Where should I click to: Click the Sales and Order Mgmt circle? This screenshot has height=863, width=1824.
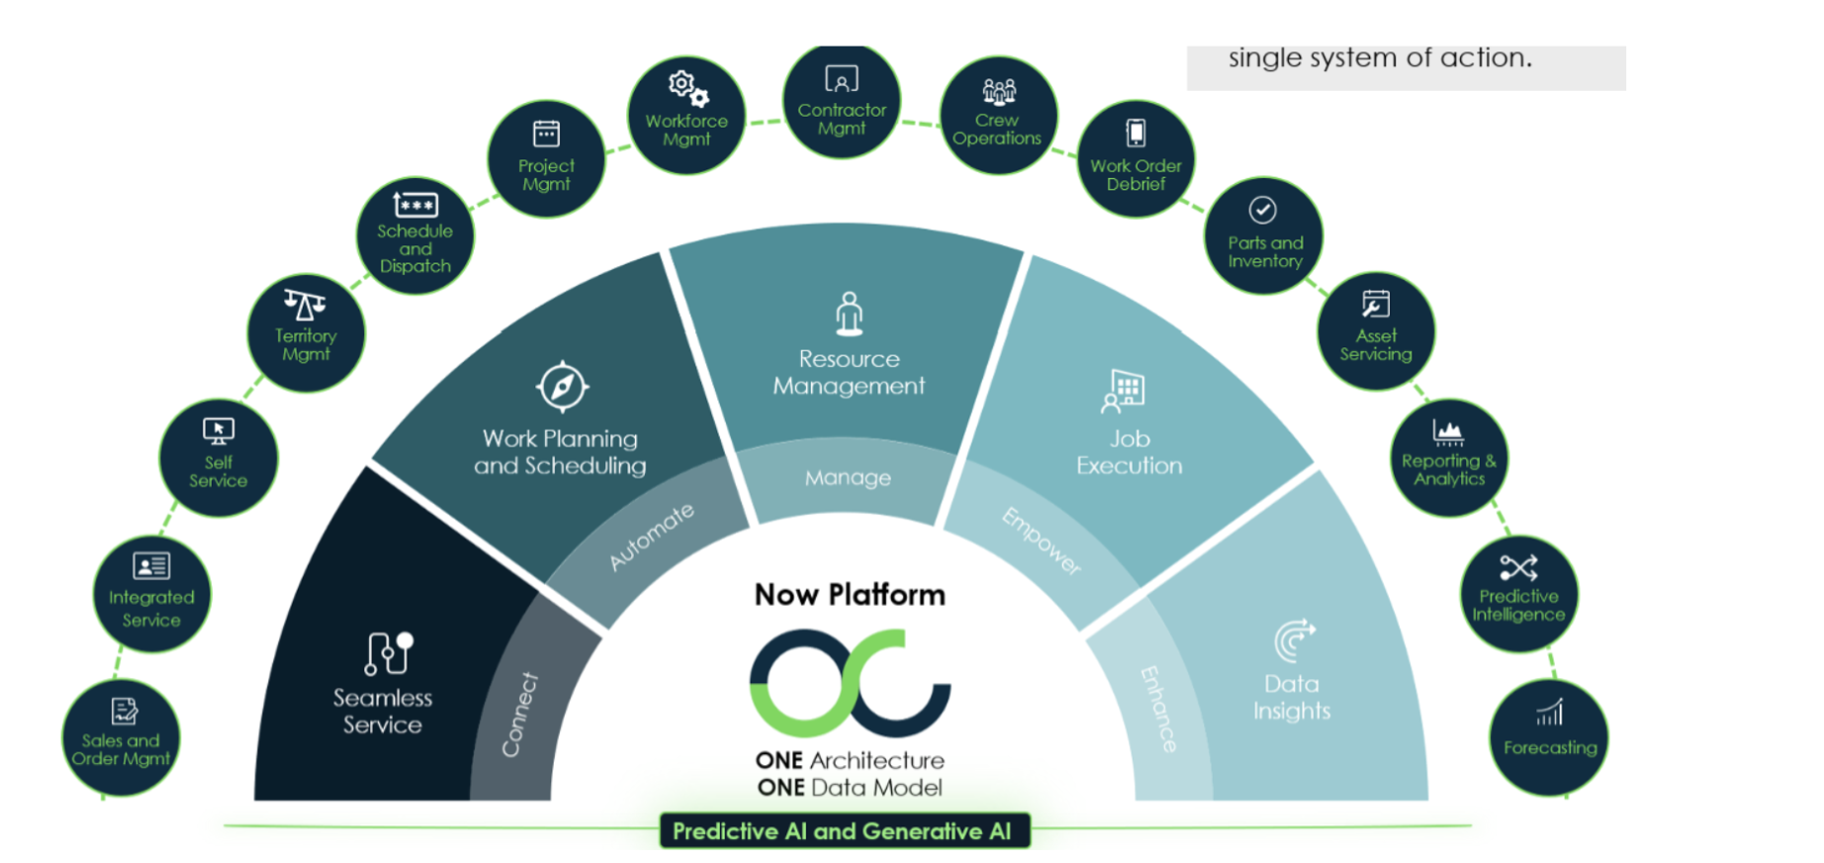pyautogui.click(x=121, y=738)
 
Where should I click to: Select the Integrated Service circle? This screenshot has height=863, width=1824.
pyautogui.click(x=151, y=595)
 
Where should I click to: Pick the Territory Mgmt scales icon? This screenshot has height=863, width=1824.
pyautogui.click(x=305, y=304)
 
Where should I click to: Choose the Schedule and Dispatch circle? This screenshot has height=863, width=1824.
pyautogui.click(x=415, y=236)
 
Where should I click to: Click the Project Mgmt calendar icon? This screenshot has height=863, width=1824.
pyautogui.click(x=546, y=133)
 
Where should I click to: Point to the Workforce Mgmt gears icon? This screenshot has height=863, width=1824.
pyautogui.click(x=688, y=89)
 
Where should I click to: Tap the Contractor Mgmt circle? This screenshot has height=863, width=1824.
pyautogui.click(x=842, y=103)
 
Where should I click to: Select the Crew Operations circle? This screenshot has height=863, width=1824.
pyautogui.click(x=997, y=115)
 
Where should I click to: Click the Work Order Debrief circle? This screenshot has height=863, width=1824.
pyautogui.click(x=1136, y=158)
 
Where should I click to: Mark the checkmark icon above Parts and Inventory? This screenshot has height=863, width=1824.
pyautogui.click(x=1262, y=210)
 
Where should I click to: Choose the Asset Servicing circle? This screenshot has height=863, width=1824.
pyautogui.click(x=1376, y=331)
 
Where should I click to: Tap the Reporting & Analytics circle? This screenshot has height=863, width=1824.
pyautogui.click(x=1449, y=456)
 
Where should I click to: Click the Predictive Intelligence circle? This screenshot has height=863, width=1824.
pyautogui.click(x=1518, y=593)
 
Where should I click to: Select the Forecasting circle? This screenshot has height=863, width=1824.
pyautogui.click(x=1550, y=737)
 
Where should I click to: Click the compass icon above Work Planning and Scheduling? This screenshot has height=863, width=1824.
pyautogui.click(x=562, y=386)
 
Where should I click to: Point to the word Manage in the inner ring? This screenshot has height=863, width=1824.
pyautogui.click(x=848, y=478)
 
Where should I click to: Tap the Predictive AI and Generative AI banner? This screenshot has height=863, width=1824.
pyautogui.click(x=844, y=831)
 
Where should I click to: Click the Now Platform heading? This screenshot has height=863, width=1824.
pyautogui.click(x=850, y=595)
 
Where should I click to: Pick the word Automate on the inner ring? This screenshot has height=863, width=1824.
pyautogui.click(x=651, y=537)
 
